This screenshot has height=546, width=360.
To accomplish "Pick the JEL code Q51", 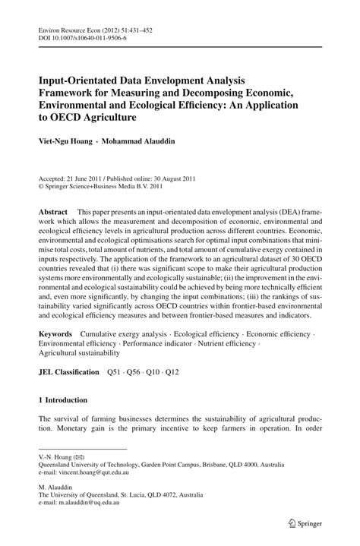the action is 115,372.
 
